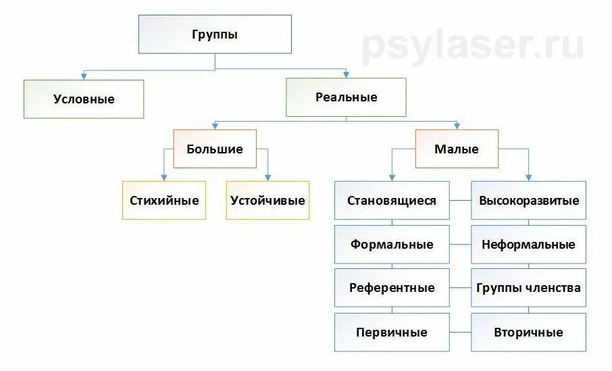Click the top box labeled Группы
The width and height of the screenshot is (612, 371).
pos(215,34)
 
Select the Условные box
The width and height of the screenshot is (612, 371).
pos(84,99)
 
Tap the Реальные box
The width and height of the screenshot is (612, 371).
pos(346,97)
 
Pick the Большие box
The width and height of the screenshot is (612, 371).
pos(215,149)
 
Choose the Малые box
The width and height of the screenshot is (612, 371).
pos(457,149)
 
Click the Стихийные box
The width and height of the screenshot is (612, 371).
pos(164,200)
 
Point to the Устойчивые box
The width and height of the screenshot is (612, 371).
pos(267,200)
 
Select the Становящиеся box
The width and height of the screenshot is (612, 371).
pos(392,200)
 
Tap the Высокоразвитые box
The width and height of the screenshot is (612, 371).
pos(528,200)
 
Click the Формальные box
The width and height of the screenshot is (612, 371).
pos(392,244)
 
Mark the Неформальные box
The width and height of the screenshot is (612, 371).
pos(528,244)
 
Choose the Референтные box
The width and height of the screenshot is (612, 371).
pos(392,288)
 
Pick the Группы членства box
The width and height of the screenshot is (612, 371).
pos(528,288)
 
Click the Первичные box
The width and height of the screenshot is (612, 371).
pos(392,332)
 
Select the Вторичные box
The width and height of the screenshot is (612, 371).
pos(528,332)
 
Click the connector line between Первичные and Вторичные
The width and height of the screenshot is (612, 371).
pos(460,332)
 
